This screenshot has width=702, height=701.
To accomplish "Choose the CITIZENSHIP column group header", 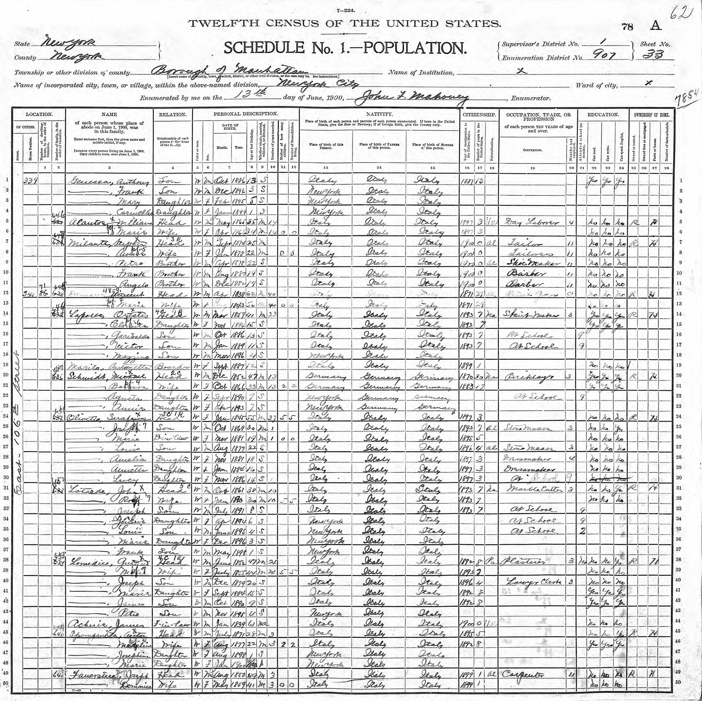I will (x=479, y=115).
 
